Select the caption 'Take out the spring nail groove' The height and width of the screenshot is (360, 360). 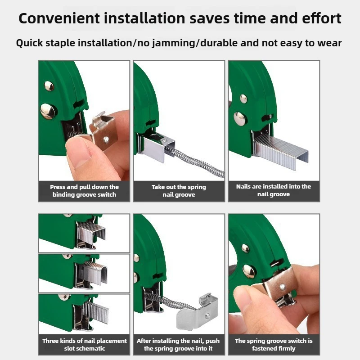[x=179, y=191]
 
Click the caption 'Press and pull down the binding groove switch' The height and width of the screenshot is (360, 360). [x=84, y=191]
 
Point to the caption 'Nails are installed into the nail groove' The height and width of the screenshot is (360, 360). [x=274, y=190]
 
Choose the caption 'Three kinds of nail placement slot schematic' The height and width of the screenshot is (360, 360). [x=84, y=345]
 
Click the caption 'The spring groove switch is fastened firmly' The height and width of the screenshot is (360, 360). [x=274, y=345]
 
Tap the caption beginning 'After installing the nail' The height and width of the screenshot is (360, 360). [x=179, y=345]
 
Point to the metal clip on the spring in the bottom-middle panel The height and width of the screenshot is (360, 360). [x=198, y=311]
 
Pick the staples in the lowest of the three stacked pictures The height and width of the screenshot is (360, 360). [x=94, y=312]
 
